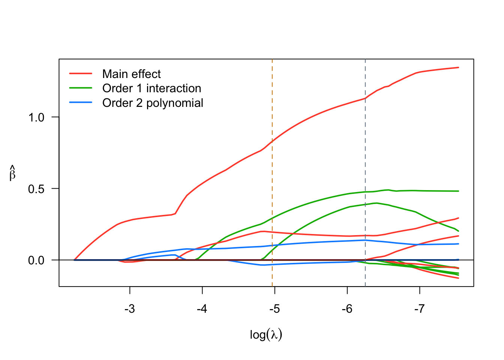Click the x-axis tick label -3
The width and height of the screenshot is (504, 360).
point(130,309)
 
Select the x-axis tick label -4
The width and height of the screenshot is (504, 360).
point(202,309)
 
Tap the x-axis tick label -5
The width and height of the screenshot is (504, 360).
point(274,309)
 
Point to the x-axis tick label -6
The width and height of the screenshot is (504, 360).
point(347,309)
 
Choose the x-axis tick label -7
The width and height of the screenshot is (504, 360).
point(419,309)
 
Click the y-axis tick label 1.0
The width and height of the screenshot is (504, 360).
point(36,117)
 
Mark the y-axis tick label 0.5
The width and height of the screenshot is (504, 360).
point(36,189)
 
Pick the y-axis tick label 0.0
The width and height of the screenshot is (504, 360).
point(36,260)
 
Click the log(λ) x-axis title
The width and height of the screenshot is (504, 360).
point(266,334)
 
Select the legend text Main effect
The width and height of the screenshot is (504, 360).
point(131,74)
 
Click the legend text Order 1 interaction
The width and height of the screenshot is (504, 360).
point(151,88)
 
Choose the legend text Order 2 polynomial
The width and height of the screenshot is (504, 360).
point(153,103)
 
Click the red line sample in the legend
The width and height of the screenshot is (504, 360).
point(81,74)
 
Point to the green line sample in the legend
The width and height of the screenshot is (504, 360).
point(81,88)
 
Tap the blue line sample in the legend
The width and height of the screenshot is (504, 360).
point(81,102)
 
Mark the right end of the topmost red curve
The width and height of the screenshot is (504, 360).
point(458,67)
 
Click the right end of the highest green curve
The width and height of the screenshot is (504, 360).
point(458,191)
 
